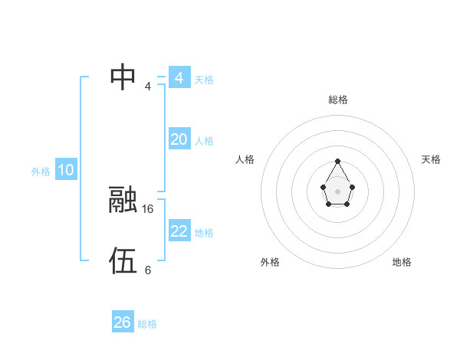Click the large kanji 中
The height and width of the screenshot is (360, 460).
tap(123, 77)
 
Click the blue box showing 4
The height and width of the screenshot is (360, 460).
tap(179, 78)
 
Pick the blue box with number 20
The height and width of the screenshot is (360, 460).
tap(179, 139)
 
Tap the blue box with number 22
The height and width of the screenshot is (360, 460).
tap(179, 231)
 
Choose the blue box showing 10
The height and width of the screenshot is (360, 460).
tap(66, 171)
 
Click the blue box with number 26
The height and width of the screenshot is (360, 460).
tap(123, 322)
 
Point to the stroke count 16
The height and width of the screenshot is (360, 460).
tap(148, 208)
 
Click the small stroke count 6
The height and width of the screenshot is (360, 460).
tap(148, 270)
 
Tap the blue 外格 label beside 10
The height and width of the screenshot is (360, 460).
tap(41, 172)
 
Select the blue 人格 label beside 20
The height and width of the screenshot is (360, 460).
tap(204, 141)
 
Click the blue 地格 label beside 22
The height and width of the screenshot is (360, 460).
tap(204, 233)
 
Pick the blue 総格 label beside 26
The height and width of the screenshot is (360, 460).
tap(147, 324)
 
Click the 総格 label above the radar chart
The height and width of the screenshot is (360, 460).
tap(337, 100)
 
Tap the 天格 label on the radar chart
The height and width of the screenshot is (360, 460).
tap(432, 159)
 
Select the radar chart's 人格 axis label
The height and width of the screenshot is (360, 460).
tap(245, 159)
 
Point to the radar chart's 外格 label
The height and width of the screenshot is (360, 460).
tap(270, 262)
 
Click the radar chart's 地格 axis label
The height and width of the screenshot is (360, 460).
tap(402, 262)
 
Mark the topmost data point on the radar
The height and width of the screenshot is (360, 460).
tap(337, 162)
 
